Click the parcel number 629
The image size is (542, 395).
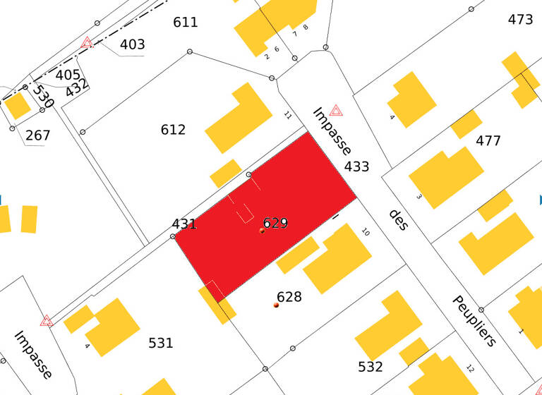[275, 223]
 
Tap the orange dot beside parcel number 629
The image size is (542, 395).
[262, 231]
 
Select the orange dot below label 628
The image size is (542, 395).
[276, 305]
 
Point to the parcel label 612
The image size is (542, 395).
[173, 130]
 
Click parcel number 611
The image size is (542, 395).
[186, 23]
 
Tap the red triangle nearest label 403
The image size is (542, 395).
[87, 42]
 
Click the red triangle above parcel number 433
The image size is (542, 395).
[336, 110]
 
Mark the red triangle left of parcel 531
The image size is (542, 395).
[47, 320]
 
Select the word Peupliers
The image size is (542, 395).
[474, 321]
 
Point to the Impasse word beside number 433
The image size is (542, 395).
[332, 131]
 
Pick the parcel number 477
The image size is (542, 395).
[488, 140]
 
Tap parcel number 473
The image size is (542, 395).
[520, 20]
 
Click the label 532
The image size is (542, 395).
[370, 367]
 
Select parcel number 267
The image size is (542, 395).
[37, 135]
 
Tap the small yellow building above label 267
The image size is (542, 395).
[17, 106]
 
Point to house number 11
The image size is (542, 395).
[287, 114]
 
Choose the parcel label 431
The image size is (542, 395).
[184, 224]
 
